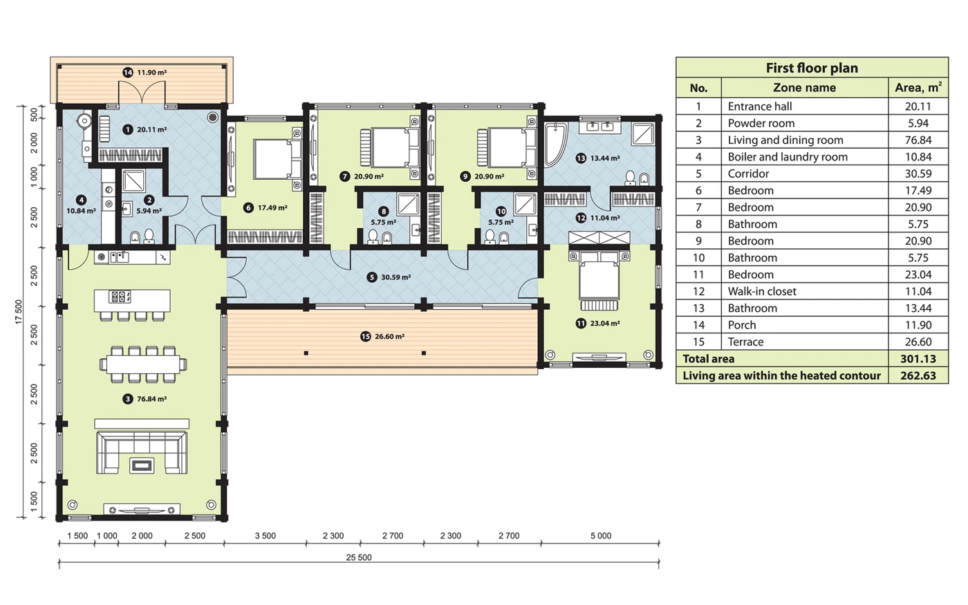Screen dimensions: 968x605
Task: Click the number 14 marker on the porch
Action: (127, 73)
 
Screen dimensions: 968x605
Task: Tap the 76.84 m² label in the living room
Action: (151, 399)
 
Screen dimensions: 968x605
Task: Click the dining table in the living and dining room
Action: (144, 364)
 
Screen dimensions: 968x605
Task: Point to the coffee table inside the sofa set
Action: (142, 465)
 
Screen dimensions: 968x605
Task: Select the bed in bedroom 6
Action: (277, 158)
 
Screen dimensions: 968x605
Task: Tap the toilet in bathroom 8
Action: (373, 236)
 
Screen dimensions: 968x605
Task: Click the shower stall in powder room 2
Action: (134, 180)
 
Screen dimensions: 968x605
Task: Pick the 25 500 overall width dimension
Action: (359, 557)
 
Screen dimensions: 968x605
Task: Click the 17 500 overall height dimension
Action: (19, 312)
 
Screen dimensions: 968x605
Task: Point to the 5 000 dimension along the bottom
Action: (601, 536)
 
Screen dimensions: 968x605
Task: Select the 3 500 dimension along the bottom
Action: (266, 536)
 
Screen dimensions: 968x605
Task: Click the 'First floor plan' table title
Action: (812, 68)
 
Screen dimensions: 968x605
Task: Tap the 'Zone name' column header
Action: (804, 88)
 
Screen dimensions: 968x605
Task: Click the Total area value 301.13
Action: (918, 359)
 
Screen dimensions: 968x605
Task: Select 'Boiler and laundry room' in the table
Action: (788, 157)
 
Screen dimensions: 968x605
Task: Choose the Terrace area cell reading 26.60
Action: (918, 342)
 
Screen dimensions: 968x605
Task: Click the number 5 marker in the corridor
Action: (372, 277)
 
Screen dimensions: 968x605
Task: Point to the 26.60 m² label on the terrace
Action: (389, 336)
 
